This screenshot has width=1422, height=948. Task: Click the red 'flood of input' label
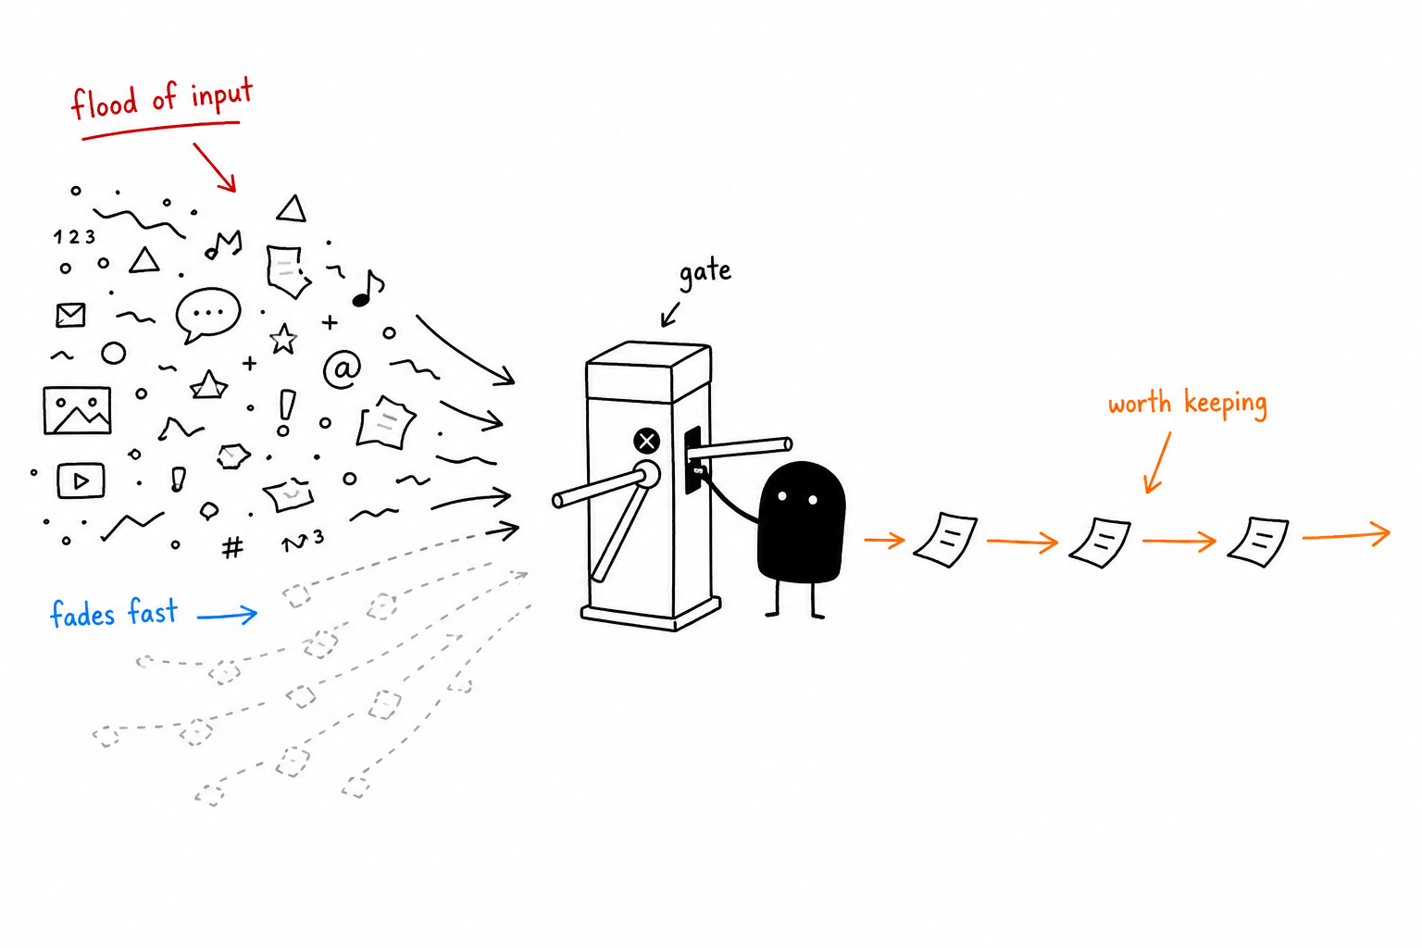tap(162, 100)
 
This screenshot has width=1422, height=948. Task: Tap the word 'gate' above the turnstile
tap(705, 273)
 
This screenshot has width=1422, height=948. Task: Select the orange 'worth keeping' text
tap(1187, 405)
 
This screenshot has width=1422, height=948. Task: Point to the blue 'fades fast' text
tap(114, 614)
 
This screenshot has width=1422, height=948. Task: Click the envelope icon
tap(70, 315)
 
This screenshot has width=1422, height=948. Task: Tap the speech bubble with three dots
tap(207, 315)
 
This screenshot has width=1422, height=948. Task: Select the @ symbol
tap(343, 368)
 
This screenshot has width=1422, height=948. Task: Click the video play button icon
tap(81, 480)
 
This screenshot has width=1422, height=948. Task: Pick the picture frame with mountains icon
tap(77, 411)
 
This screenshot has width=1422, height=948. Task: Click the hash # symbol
tap(232, 547)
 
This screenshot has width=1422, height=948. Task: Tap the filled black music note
tap(368, 289)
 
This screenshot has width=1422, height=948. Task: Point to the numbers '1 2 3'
tap(74, 237)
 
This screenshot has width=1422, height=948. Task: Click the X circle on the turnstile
tap(646, 441)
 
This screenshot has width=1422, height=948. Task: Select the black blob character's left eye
tap(782, 496)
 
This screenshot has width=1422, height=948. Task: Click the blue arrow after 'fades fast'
tap(227, 614)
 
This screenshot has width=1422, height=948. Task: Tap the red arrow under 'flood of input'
tap(215, 167)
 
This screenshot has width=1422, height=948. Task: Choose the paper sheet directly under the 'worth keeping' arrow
tap(1100, 543)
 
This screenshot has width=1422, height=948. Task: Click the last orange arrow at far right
tap(1346, 535)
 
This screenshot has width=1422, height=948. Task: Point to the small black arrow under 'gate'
tap(670, 315)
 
